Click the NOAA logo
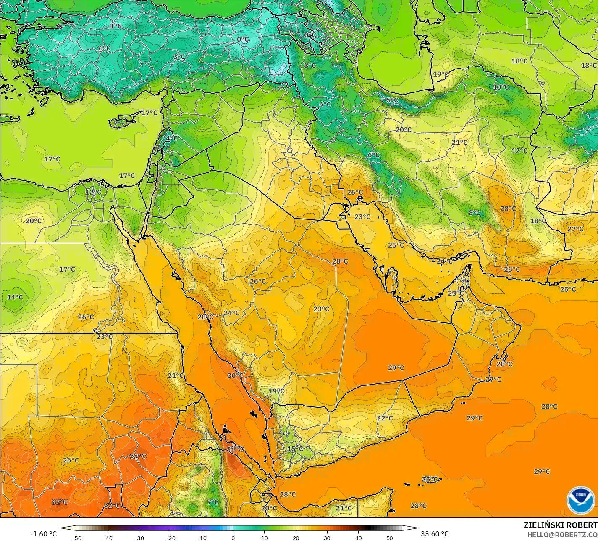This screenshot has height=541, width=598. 580,500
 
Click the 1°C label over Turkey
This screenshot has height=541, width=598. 115,26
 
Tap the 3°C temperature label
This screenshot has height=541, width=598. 179,57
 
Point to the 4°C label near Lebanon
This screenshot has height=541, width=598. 172,138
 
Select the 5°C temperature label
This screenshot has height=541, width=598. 392,100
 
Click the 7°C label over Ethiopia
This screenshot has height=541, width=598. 213,502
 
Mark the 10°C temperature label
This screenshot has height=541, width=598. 501,87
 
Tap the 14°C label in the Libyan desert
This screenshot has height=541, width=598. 15,297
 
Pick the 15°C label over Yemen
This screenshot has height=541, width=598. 295,449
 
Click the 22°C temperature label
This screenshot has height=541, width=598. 385,418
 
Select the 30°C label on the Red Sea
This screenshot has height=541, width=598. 235,375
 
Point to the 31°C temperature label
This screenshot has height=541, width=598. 236,449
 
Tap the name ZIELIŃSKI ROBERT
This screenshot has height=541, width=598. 560,525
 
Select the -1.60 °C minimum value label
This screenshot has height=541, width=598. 44,534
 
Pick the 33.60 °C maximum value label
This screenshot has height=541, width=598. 435,534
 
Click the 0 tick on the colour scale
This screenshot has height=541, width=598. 233,538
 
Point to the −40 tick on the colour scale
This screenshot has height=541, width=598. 108,538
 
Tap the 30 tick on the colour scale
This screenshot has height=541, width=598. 327,538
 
